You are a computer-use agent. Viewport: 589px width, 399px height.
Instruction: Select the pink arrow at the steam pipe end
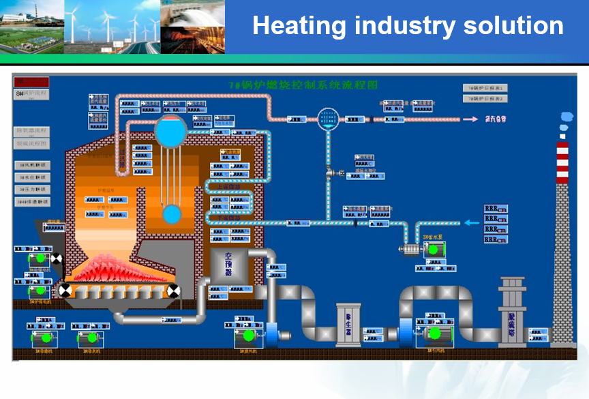tap(470, 119)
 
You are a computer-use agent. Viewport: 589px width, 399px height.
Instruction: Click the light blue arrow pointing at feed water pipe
tap(472, 222)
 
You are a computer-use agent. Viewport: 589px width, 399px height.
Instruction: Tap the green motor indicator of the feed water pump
tap(432, 250)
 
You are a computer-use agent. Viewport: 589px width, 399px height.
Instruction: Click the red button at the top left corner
tap(27, 82)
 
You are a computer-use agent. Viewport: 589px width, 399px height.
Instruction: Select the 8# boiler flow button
tap(31, 93)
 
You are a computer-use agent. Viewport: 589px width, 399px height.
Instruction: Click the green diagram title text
tap(303, 85)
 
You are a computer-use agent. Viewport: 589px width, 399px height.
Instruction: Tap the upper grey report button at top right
tap(486, 88)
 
